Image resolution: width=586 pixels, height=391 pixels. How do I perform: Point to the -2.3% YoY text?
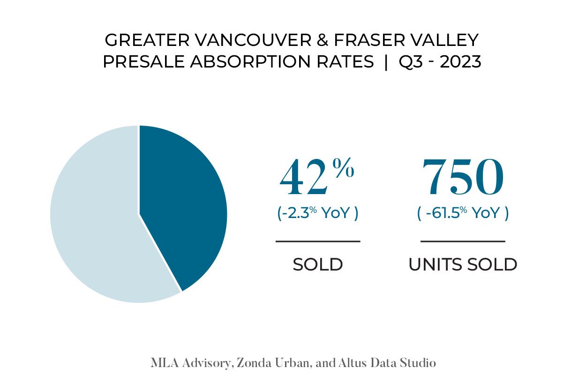click(317, 213)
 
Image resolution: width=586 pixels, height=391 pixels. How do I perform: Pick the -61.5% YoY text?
click(463, 213)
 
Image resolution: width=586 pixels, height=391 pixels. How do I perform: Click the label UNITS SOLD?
click(463, 264)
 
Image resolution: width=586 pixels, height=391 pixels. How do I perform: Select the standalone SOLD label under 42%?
click(318, 264)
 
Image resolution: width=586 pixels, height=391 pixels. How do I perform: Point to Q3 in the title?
click(410, 62)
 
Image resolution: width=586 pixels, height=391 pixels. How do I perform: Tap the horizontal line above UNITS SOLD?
click(463, 241)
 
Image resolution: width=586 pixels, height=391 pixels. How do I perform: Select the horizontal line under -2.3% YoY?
click(318, 241)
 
